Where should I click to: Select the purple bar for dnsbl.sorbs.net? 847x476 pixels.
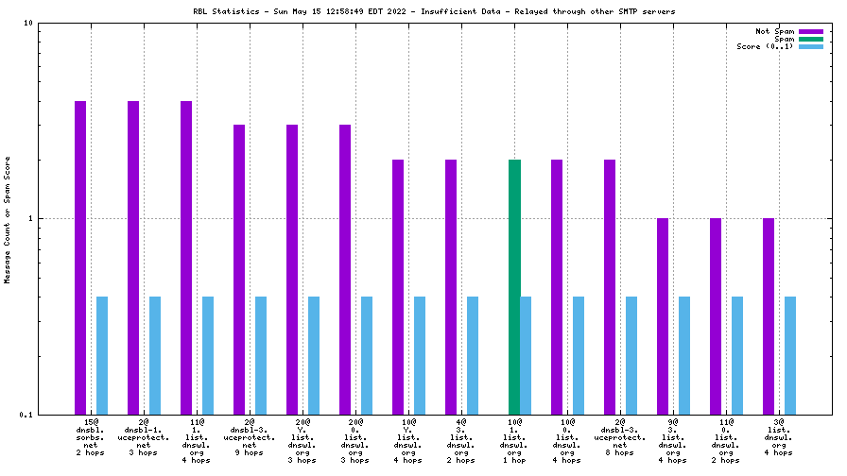click(80, 255)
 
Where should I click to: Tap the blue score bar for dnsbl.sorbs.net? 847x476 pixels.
click(102, 354)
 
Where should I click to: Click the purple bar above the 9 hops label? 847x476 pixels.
click(239, 269)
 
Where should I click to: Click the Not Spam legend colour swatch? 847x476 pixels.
click(811, 31)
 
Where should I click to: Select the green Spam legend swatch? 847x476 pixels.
click(811, 39)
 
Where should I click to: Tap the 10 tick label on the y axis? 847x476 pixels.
click(28, 24)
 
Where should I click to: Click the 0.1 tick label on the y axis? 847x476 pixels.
click(26, 415)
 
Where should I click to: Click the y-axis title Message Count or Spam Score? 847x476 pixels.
click(8, 219)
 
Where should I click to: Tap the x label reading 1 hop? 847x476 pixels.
click(514, 461)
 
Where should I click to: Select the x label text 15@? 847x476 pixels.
click(91, 423)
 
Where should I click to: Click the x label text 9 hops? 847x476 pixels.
click(250, 453)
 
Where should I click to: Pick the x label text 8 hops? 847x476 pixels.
click(620, 453)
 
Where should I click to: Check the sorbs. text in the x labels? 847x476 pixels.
click(91, 438)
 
